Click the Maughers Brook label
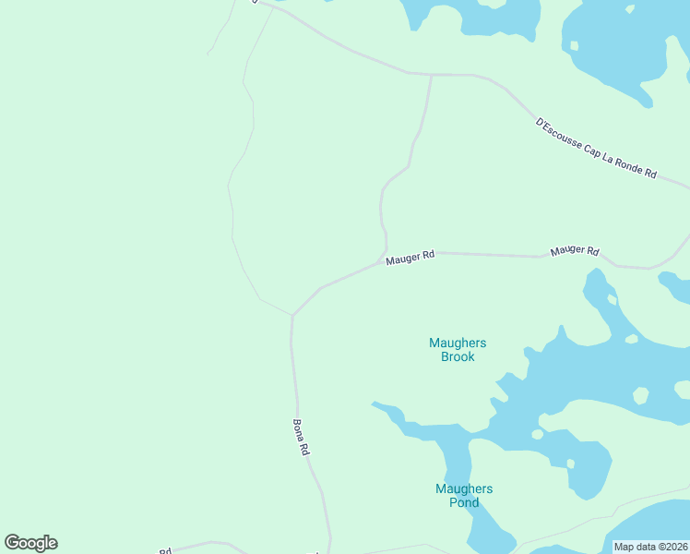(x=458, y=350)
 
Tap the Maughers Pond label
(x=464, y=496)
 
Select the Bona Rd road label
(x=301, y=438)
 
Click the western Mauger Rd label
(x=410, y=259)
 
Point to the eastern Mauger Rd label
(x=575, y=251)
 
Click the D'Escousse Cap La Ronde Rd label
(x=596, y=148)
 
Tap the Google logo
(x=31, y=543)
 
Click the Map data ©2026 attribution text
(x=650, y=547)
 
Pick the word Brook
(x=458, y=357)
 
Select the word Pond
(x=464, y=503)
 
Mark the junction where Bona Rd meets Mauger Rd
(x=292, y=315)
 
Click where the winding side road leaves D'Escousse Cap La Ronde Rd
(x=431, y=75)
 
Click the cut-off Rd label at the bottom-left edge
(x=166, y=551)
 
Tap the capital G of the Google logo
(x=13, y=543)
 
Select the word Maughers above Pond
(x=464, y=489)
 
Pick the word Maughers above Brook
(x=458, y=343)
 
